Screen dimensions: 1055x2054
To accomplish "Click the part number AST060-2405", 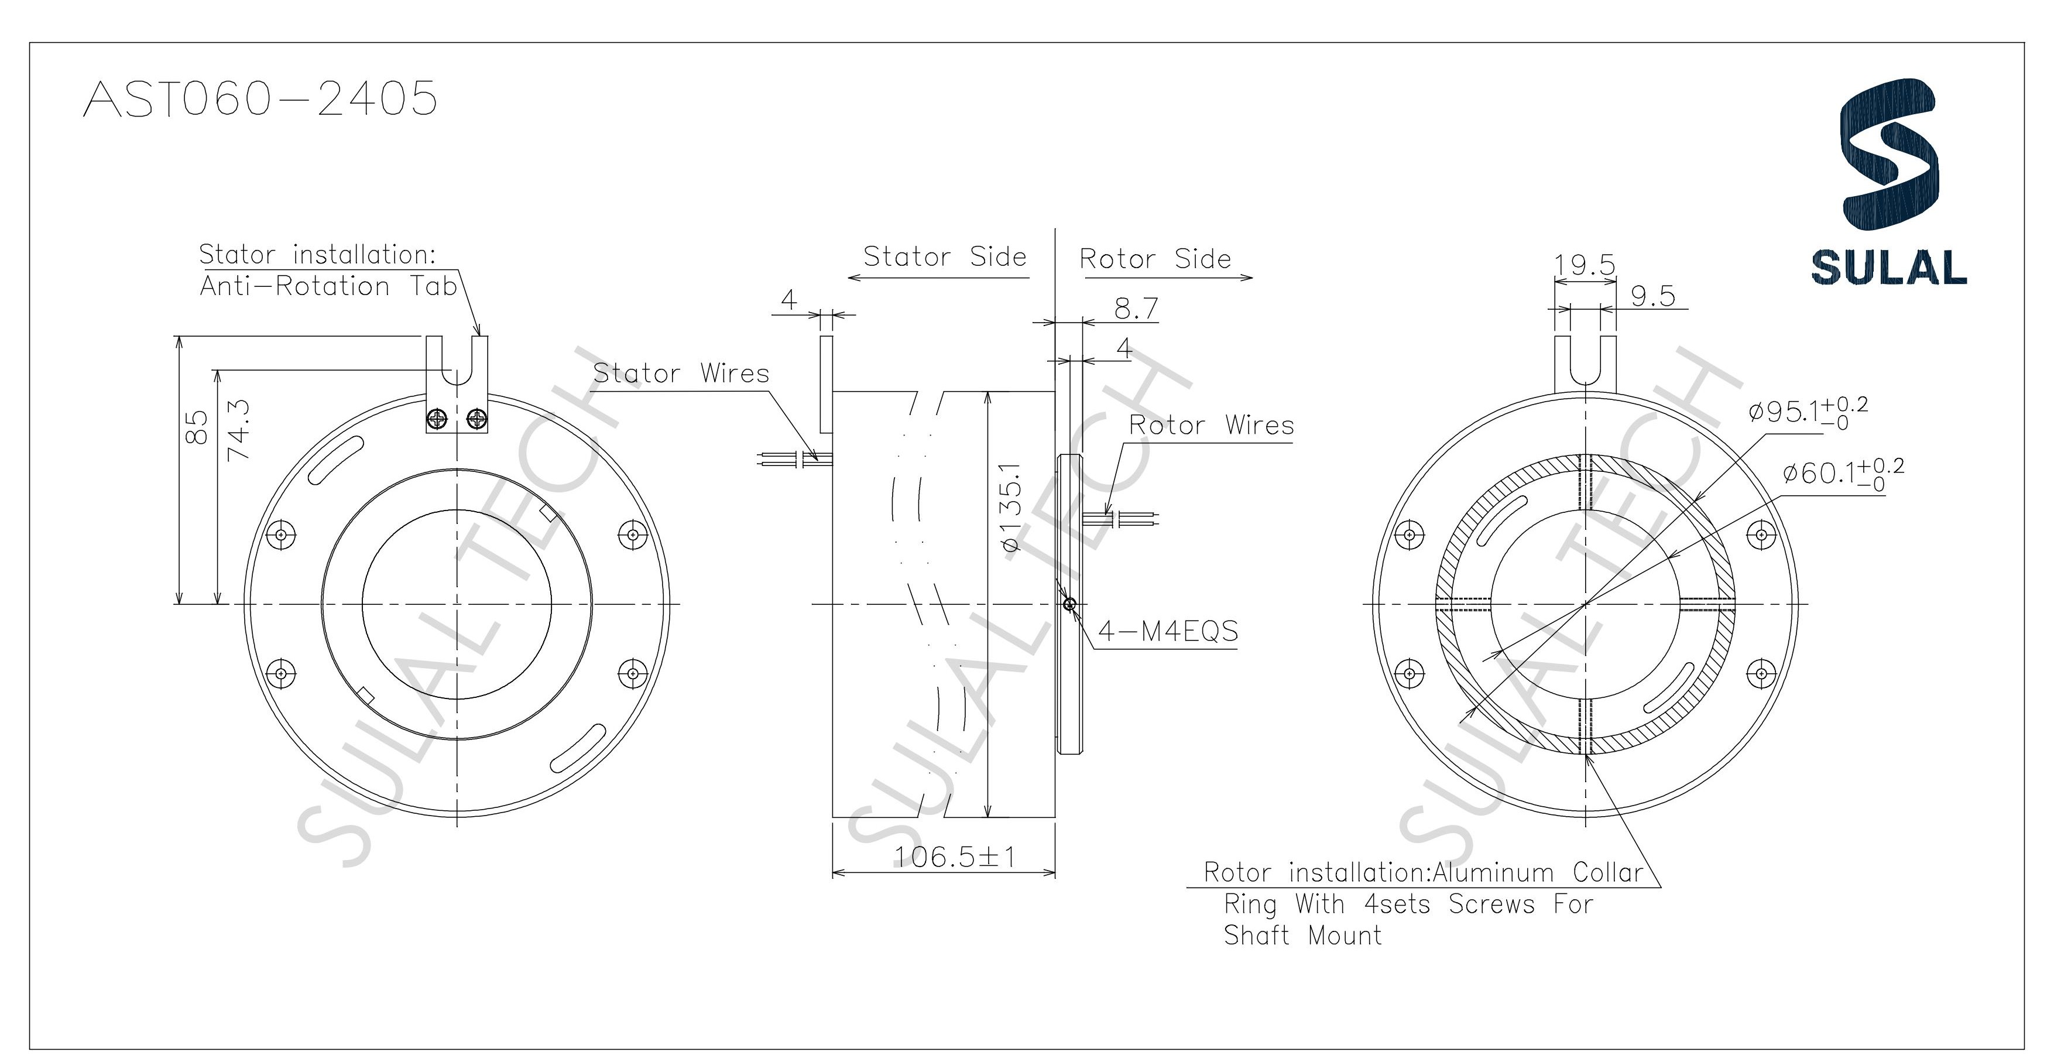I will tap(260, 100).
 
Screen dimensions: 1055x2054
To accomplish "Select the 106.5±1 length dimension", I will tap(955, 857).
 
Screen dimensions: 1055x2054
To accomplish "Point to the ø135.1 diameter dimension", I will tap(1010, 506).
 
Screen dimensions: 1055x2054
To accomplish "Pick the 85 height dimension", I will tap(196, 427).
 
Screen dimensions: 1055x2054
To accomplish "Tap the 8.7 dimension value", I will tap(1136, 309).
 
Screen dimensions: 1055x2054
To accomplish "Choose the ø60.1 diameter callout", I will tap(1842, 474).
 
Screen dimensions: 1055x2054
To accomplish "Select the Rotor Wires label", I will tap(1211, 425).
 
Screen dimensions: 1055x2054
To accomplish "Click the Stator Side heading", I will tap(944, 257).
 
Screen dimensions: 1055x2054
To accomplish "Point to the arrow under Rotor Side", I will tap(1168, 278).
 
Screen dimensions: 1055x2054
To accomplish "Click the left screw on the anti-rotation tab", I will tap(437, 418).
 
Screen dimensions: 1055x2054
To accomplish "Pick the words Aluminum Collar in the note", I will tap(1538, 873).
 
